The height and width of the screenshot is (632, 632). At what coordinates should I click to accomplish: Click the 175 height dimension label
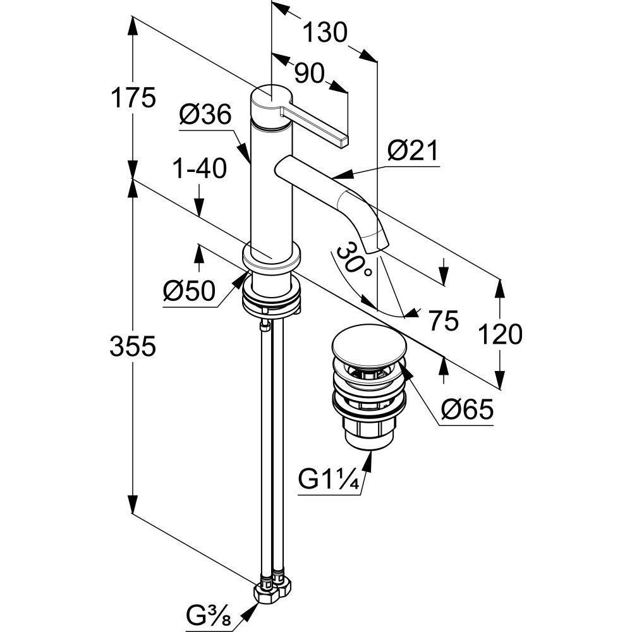click(x=132, y=99)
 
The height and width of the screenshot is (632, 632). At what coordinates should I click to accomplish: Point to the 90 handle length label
click(x=309, y=74)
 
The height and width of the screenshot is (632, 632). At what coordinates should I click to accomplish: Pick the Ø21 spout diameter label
click(x=412, y=151)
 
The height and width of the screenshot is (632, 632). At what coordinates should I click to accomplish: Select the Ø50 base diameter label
click(x=189, y=291)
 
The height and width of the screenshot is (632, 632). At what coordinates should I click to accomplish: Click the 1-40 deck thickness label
click(x=199, y=170)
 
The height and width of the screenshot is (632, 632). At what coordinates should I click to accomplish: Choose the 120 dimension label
click(x=499, y=334)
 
